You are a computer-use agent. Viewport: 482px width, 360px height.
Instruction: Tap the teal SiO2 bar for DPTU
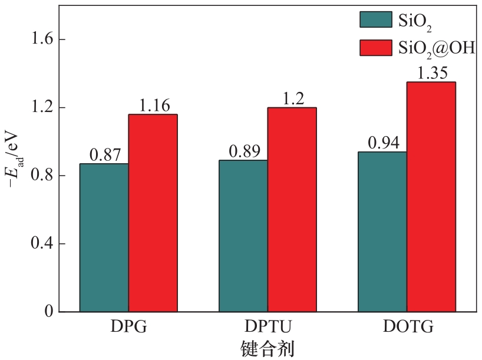click(x=243, y=236)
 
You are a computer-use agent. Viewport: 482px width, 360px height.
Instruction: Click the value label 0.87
click(x=105, y=155)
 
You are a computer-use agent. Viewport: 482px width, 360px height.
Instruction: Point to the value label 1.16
click(x=154, y=105)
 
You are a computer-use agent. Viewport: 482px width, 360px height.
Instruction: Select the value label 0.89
click(x=244, y=151)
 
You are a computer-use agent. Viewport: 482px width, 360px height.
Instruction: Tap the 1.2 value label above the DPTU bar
click(x=293, y=98)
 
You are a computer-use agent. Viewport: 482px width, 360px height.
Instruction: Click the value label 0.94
click(x=383, y=143)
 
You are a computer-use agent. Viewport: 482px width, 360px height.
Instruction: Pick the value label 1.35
click(x=431, y=73)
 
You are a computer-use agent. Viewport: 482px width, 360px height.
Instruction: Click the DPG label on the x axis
click(x=128, y=327)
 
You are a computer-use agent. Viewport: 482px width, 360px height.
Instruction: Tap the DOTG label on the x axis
click(x=406, y=327)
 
